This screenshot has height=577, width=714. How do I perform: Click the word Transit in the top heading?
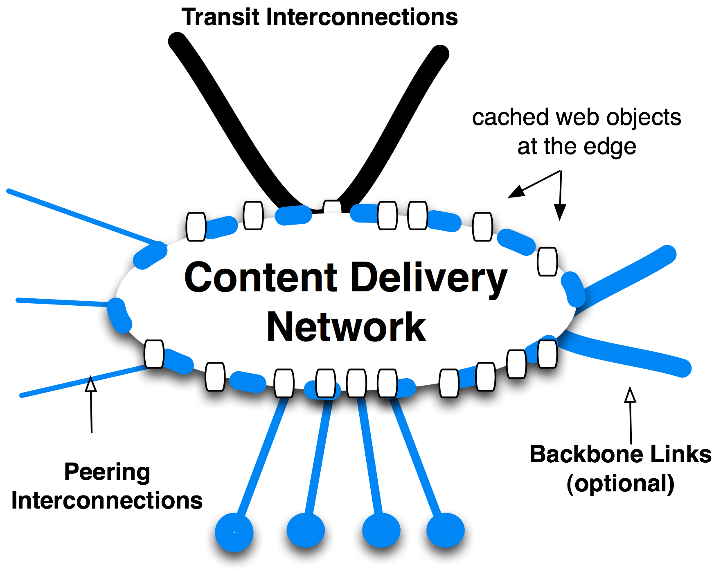221,18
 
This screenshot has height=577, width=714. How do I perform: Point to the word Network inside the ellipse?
346,327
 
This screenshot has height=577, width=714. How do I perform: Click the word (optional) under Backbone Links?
620,484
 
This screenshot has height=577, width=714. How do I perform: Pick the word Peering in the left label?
107,472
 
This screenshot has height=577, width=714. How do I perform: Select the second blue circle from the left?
306,529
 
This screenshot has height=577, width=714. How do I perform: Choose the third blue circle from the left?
381,529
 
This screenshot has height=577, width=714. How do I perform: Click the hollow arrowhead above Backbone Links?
630,395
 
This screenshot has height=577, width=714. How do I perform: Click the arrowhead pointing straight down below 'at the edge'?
560,212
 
